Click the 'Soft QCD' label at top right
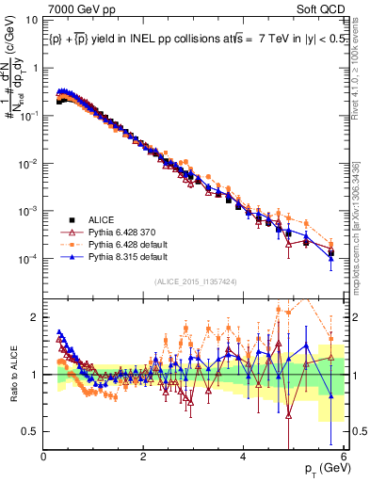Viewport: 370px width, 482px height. coord(323,8)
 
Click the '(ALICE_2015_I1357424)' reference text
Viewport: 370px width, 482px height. coord(195,281)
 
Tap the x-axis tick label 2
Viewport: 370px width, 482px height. coord(143,457)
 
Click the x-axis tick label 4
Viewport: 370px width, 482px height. coord(244,457)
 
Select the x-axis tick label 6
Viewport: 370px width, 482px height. coord(344,457)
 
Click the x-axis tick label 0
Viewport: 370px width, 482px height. coord(43,457)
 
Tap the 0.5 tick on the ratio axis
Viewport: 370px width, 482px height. coord(30,431)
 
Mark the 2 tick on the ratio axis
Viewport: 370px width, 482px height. coord(35,316)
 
